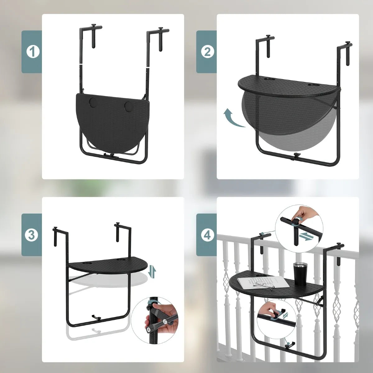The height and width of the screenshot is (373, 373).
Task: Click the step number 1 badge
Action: click(31, 52)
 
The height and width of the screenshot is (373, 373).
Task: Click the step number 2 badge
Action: click(206, 52)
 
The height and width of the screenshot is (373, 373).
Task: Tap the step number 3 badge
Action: click(31, 235)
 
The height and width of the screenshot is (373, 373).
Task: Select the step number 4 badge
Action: click(206, 235)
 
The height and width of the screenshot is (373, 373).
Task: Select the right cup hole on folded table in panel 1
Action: click(128, 106)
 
